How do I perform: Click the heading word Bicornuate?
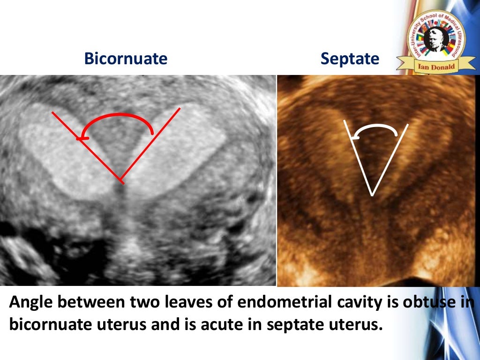(126, 59)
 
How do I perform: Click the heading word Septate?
(350, 59)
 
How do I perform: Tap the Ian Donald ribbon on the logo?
(435, 66)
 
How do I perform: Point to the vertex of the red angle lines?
(121, 180)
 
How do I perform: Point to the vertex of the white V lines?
(372, 195)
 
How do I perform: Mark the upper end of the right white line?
(408, 124)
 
